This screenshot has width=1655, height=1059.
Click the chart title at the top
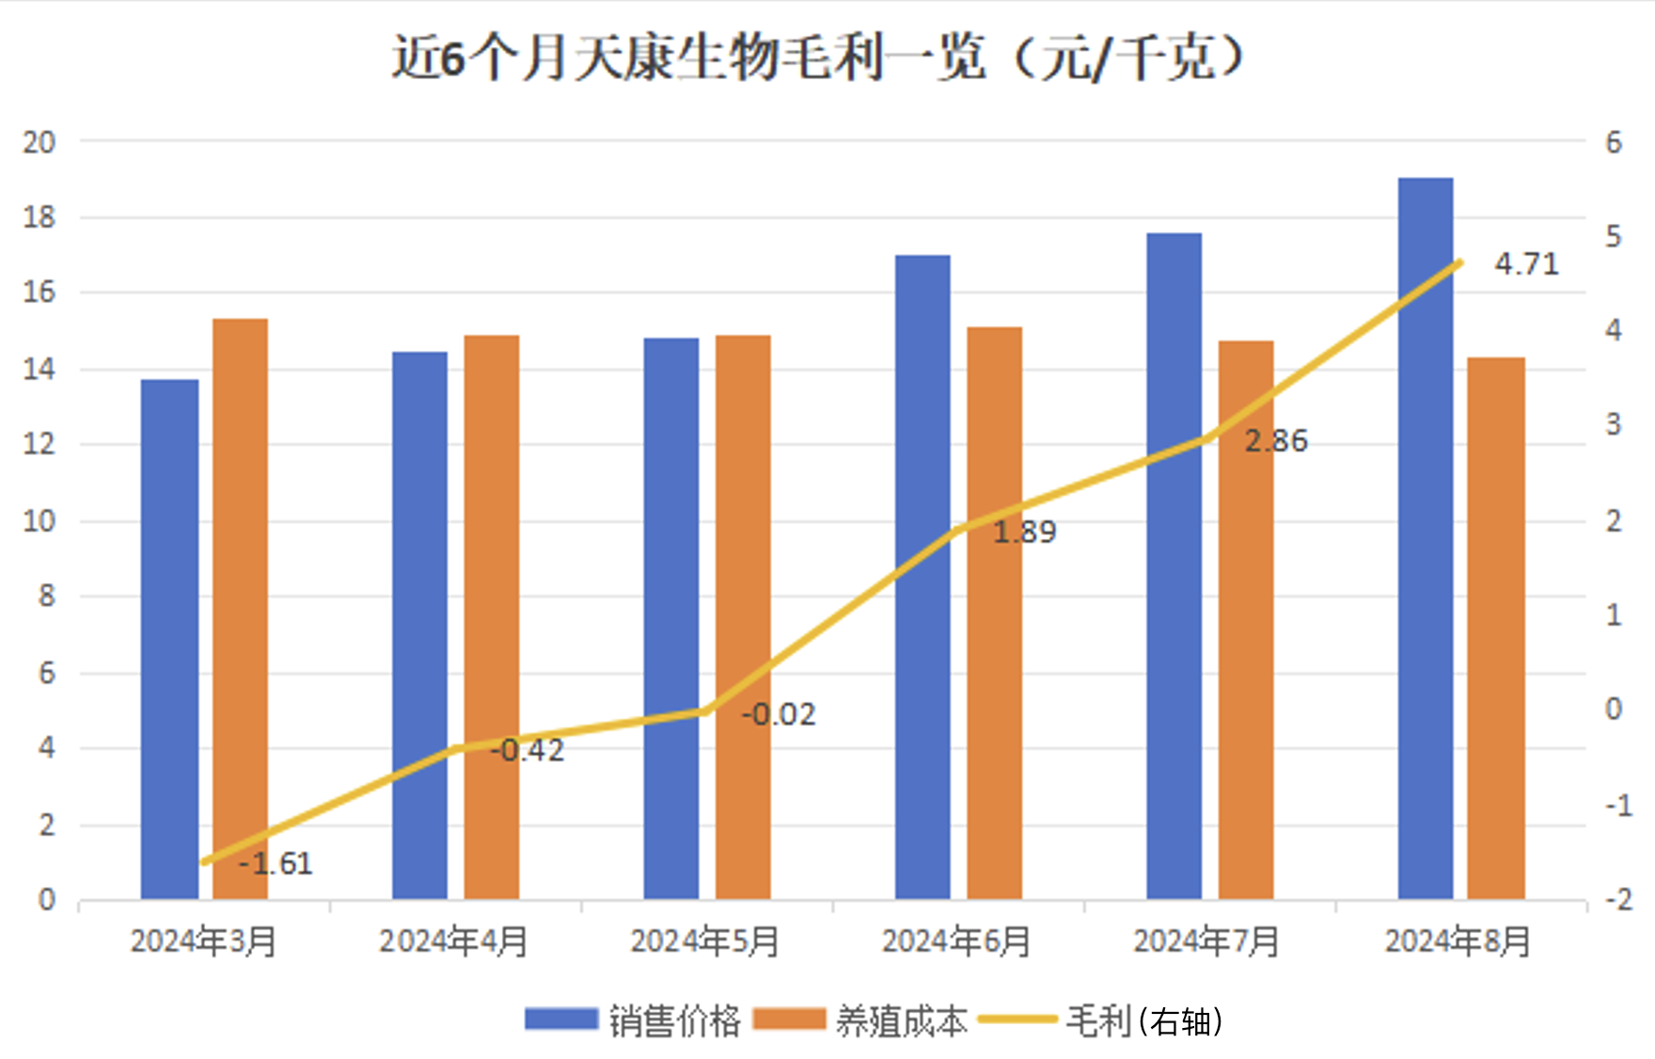point(818,58)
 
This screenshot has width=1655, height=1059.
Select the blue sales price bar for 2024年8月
point(1425,536)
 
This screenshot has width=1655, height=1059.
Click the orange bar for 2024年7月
point(1246,621)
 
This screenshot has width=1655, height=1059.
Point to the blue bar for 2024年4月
point(419,625)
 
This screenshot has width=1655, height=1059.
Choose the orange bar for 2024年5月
point(743,616)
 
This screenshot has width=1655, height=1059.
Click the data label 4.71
point(1526,264)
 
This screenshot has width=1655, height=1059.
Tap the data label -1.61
point(275,863)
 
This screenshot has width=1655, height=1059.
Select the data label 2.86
point(1276,441)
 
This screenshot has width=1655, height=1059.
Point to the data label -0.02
point(778,715)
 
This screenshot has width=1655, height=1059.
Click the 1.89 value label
point(1025,532)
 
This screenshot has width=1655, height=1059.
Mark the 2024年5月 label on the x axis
point(704,941)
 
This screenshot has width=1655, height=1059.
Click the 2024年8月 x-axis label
point(1458,941)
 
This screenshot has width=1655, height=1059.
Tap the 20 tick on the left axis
point(39,143)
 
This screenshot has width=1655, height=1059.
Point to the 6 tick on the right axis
point(1614,143)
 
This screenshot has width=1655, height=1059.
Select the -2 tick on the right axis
point(1618,900)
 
